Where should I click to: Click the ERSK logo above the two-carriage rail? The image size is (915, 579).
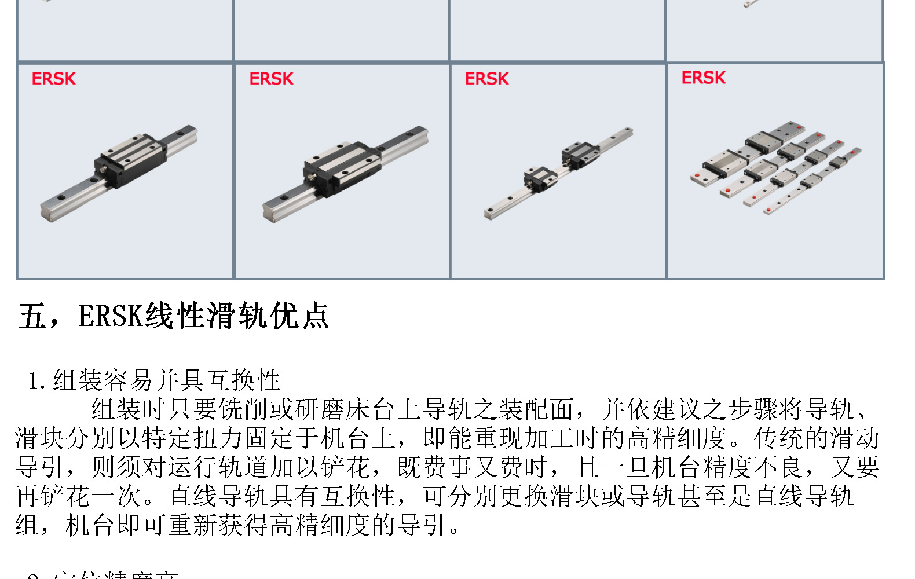click(486, 79)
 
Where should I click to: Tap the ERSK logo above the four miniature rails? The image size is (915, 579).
click(703, 78)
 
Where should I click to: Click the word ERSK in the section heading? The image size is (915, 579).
click(111, 316)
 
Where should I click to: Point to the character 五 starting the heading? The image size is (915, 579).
click(32, 316)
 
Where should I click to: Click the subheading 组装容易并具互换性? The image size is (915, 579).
click(167, 380)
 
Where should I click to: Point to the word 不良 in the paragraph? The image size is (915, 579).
click(778, 467)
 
